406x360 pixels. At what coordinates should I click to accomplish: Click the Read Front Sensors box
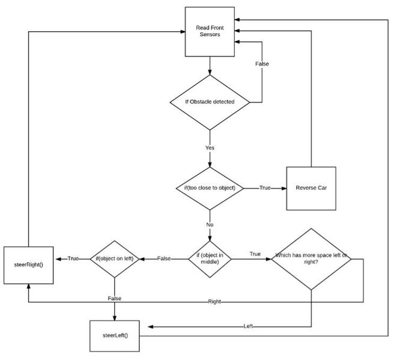pyautogui.click(x=210, y=32)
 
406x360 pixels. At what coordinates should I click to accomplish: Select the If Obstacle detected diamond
pyautogui.click(x=210, y=102)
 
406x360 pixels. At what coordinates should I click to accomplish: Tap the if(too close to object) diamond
pyautogui.click(x=210, y=189)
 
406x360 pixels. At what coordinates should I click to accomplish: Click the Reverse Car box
pyautogui.click(x=311, y=189)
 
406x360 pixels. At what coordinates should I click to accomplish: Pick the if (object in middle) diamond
pyautogui.click(x=210, y=259)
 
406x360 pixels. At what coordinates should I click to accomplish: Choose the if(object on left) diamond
pyautogui.click(x=115, y=259)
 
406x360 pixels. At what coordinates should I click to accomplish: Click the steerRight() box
pyautogui.click(x=28, y=265)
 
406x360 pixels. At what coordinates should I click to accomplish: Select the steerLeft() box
pyautogui.click(x=115, y=336)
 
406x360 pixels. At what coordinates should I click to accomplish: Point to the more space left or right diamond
pyautogui.click(x=311, y=259)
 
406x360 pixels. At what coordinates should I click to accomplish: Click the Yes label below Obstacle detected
pyautogui.click(x=210, y=148)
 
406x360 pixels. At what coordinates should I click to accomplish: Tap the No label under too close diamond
pyautogui.click(x=210, y=225)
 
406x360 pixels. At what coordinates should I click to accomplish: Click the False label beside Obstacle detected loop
pyautogui.click(x=262, y=64)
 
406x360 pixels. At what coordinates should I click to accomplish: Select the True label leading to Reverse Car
pyautogui.click(x=265, y=188)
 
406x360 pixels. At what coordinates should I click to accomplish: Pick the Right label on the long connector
pyautogui.click(x=214, y=302)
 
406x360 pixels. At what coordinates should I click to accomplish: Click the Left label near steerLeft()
pyautogui.click(x=248, y=326)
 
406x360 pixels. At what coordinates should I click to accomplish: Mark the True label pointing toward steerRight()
pyautogui.click(x=73, y=258)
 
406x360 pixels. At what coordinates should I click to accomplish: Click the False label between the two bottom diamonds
pyautogui.click(x=164, y=258)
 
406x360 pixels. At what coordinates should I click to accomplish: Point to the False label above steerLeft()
pyautogui.click(x=115, y=298)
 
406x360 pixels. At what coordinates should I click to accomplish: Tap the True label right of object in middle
pyautogui.click(x=255, y=254)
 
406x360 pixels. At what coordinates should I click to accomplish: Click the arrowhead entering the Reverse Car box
pyautogui.click(x=284, y=189)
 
